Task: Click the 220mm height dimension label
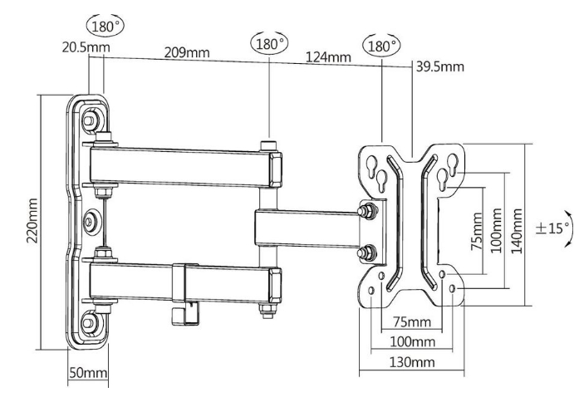pyautogui.click(x=32, y=220)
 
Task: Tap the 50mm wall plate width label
pyautogui.click(x=88, y=373)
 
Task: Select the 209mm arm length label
pyautogui.click(x=187, y=52)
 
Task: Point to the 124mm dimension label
pyautogui.click(x=328, y=57)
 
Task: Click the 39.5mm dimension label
pyautogui.click(x=440, y=66)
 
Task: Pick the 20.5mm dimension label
pyautogui.click(x=86, y=47)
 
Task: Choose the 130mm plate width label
pyautogui.click(x=412, y=362)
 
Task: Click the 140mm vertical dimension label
pyautogui.click(x=516, y=231)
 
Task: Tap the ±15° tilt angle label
pyautogui.click(x=552, y=228)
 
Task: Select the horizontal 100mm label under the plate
pyautogui.click(x=412, y=341)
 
